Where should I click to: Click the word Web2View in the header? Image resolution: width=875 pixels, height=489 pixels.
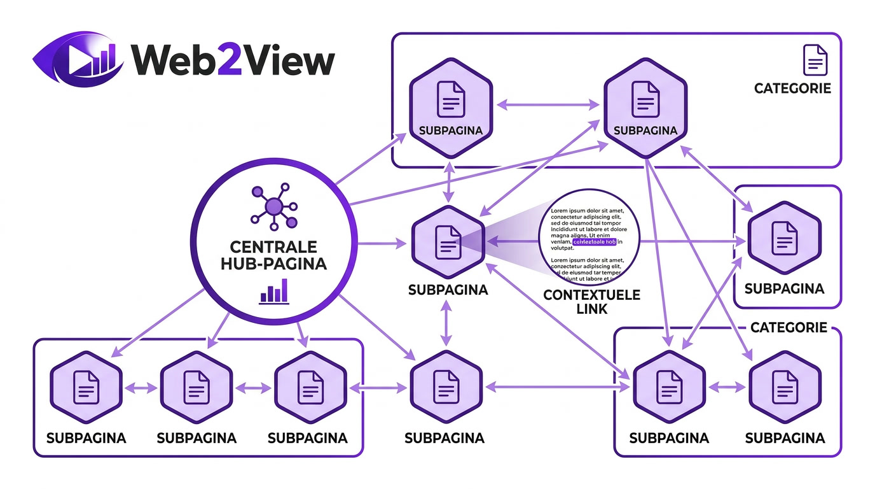233,60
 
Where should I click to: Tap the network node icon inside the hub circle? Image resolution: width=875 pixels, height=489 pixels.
273,206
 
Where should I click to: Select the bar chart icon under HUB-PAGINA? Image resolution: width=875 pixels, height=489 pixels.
273,292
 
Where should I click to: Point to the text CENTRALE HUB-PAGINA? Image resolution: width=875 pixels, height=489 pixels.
273,255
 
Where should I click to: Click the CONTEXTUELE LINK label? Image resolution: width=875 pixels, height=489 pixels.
591,302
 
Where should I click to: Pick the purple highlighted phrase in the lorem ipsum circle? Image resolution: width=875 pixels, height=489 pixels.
595,242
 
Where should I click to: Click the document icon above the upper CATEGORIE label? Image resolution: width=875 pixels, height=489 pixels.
815,59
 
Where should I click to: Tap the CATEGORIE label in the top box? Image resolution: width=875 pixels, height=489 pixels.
792,89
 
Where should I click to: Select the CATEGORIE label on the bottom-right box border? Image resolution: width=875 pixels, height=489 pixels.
789,328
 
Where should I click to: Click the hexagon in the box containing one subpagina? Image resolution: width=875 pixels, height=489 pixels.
784,239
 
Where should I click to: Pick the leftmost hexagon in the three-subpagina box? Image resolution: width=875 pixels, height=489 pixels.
86,386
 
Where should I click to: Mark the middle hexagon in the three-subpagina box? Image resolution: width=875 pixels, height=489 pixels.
196,386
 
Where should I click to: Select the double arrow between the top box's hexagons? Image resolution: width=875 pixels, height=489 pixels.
548,104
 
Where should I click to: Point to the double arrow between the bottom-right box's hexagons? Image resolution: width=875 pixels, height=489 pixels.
727,386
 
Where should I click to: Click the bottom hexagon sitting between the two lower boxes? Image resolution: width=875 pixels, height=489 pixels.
444,386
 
